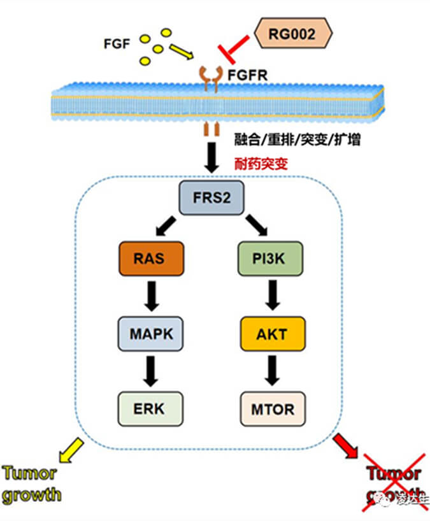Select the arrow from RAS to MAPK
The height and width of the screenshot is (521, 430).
click(x=150, y=295)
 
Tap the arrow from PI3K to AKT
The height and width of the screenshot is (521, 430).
click(x=272, y=295)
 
